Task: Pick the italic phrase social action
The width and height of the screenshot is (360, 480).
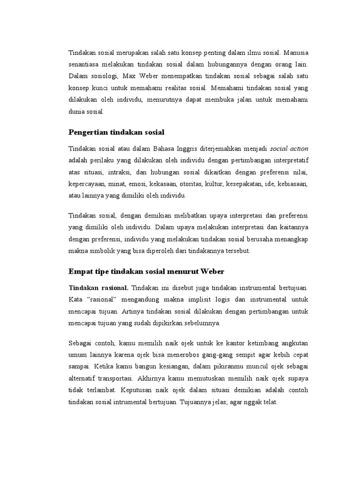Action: [x=289, y=149]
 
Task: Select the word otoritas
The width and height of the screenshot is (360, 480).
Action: [x=188, y=185]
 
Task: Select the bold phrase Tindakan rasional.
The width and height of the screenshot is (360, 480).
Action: [x=98, y=287]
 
